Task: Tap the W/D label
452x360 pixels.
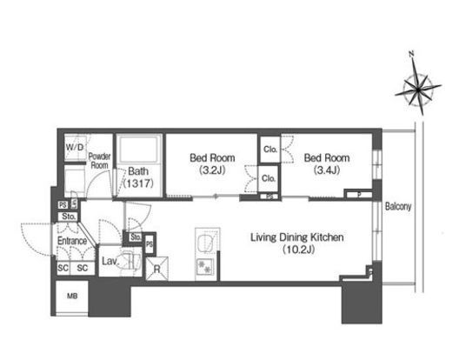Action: click(75, 147)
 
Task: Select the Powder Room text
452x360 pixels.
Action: click(99, 161)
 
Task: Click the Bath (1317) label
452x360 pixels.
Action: click(138, 177)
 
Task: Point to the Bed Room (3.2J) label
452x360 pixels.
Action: click(212, 163)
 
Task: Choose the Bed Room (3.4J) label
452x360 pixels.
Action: click(327, 163)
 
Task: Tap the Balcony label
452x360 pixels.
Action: click(398, 206)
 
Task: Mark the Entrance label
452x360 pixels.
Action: click(72, 241)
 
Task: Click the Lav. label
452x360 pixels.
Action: click(110, 261)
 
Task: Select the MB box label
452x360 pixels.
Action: click(72, 297)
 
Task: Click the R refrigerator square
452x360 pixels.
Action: click(156, 269)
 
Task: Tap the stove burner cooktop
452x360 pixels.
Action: click(205, 267)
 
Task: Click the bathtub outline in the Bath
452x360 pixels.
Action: click(139, 149)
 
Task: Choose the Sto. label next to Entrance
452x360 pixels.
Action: click(69, 217)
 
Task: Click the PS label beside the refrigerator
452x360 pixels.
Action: click(150, 244)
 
